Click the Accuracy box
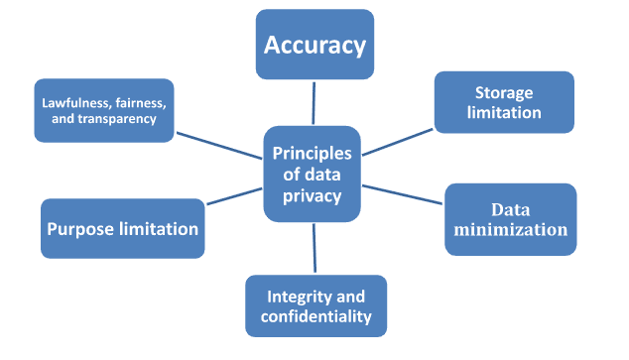point(314,45)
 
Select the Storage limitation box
point(504,102)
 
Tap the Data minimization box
point(510,219)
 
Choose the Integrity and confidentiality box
point(315,306)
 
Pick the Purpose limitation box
point(123,229)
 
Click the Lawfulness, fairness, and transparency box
point(103,110)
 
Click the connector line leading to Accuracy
point(314,103)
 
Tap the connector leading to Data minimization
point(402,195)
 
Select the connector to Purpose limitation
point(234,195)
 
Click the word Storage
point(504,93)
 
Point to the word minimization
point(510,230)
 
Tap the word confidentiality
point(315,316)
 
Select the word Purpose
point(82,229)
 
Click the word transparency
point(114,119)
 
